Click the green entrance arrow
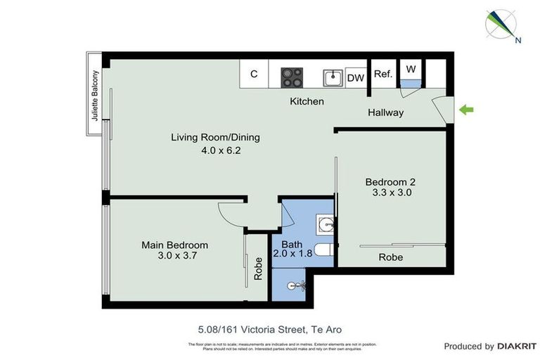pyautogui.click(x=466, y=109)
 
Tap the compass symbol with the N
pyautogui.click(x=502, y=25)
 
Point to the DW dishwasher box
pyautogui.click(x=355, y=77)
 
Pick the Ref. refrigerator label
pyautogui.click(x=382, y=74)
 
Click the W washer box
pyautogui.click(x=411, y=69)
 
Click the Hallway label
pyautogui.click(x=385, y=112)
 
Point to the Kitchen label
pyautogui.click(x=307, y=101)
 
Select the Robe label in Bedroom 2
pyautogui.click(x=391, y=257)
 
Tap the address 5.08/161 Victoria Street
pyautogui.click(x=269, y=328)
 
